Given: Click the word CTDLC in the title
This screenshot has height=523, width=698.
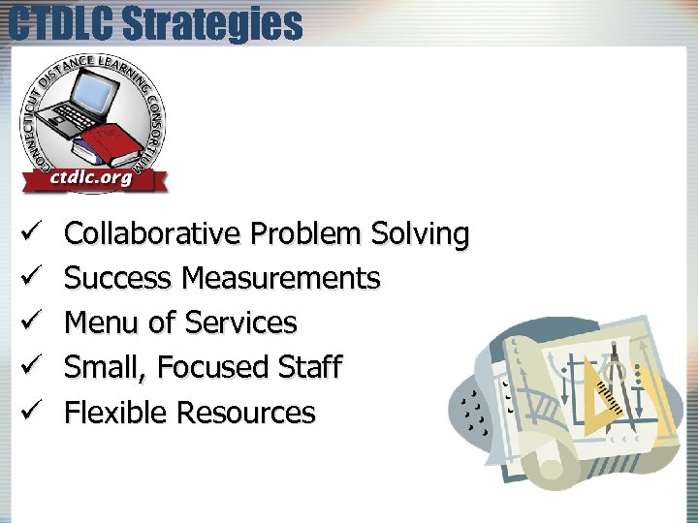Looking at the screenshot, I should coord(65,23).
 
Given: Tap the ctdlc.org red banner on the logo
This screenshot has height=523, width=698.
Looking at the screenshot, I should coord(91,178).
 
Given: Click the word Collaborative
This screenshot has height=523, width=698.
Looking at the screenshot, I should coord(152,234).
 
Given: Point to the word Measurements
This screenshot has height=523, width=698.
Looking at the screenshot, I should coord(281,279).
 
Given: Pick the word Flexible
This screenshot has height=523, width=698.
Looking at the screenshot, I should coord(115,413).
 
